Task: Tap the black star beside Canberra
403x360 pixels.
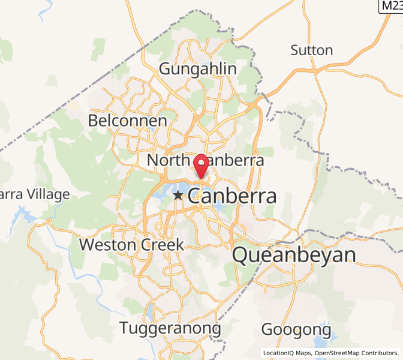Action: click(178, 196)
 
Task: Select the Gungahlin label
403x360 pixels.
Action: click(197, 69)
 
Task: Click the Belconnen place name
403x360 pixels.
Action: click(127, 121)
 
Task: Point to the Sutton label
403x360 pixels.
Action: click(311, 50)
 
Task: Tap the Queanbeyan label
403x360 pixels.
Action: click(293, 255)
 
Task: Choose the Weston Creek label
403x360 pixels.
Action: click(131, 244)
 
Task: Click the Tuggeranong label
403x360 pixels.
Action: click(170, 328)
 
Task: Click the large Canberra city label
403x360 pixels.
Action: click(233, 196)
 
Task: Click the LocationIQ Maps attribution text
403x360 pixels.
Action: click(287, 353)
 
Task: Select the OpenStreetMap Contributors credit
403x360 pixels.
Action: click(356, 353)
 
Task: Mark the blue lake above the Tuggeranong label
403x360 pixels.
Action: click(149, 310)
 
